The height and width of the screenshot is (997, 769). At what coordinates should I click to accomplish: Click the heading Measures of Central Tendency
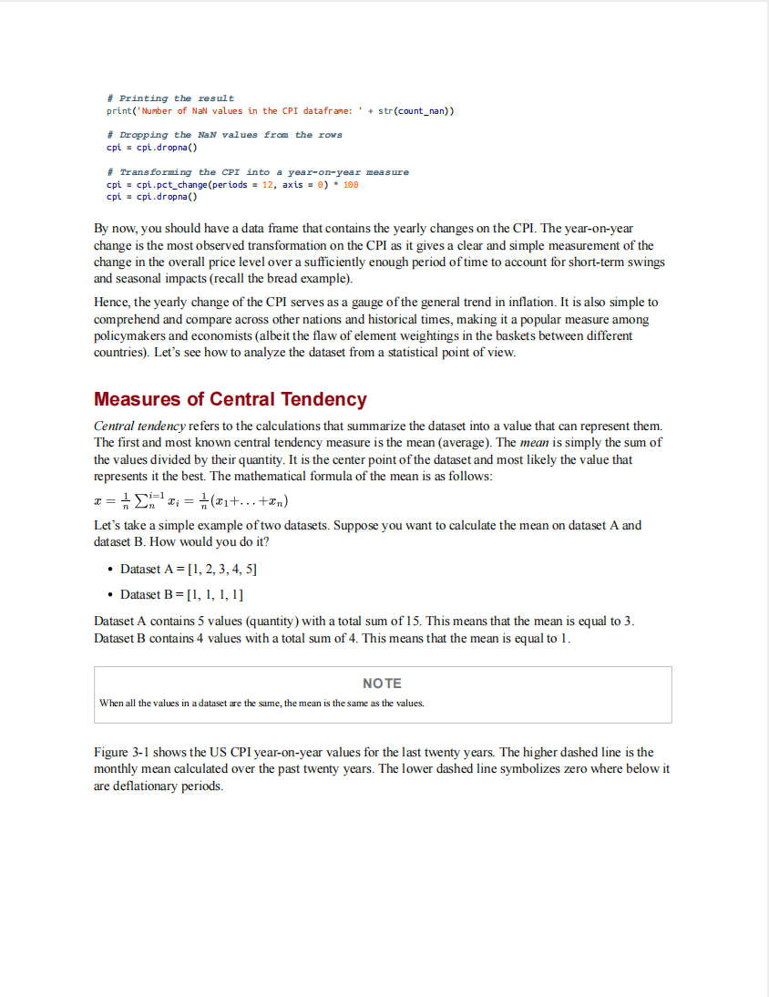coord(230,399)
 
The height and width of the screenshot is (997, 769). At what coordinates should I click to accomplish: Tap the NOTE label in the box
coord(382,684)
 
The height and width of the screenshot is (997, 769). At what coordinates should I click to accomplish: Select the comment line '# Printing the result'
coord(170,98)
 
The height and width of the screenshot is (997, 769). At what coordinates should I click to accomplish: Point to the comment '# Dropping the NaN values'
coord(224,135)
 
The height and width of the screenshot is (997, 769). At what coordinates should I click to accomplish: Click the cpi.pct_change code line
coord(232,184)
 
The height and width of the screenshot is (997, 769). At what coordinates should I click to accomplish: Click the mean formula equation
coord(191,502)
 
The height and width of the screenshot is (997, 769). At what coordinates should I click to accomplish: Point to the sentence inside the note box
coord(261,703)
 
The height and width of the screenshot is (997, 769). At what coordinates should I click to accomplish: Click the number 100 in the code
coord(351,184)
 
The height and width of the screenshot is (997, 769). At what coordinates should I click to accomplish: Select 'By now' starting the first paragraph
coord(114,229)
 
